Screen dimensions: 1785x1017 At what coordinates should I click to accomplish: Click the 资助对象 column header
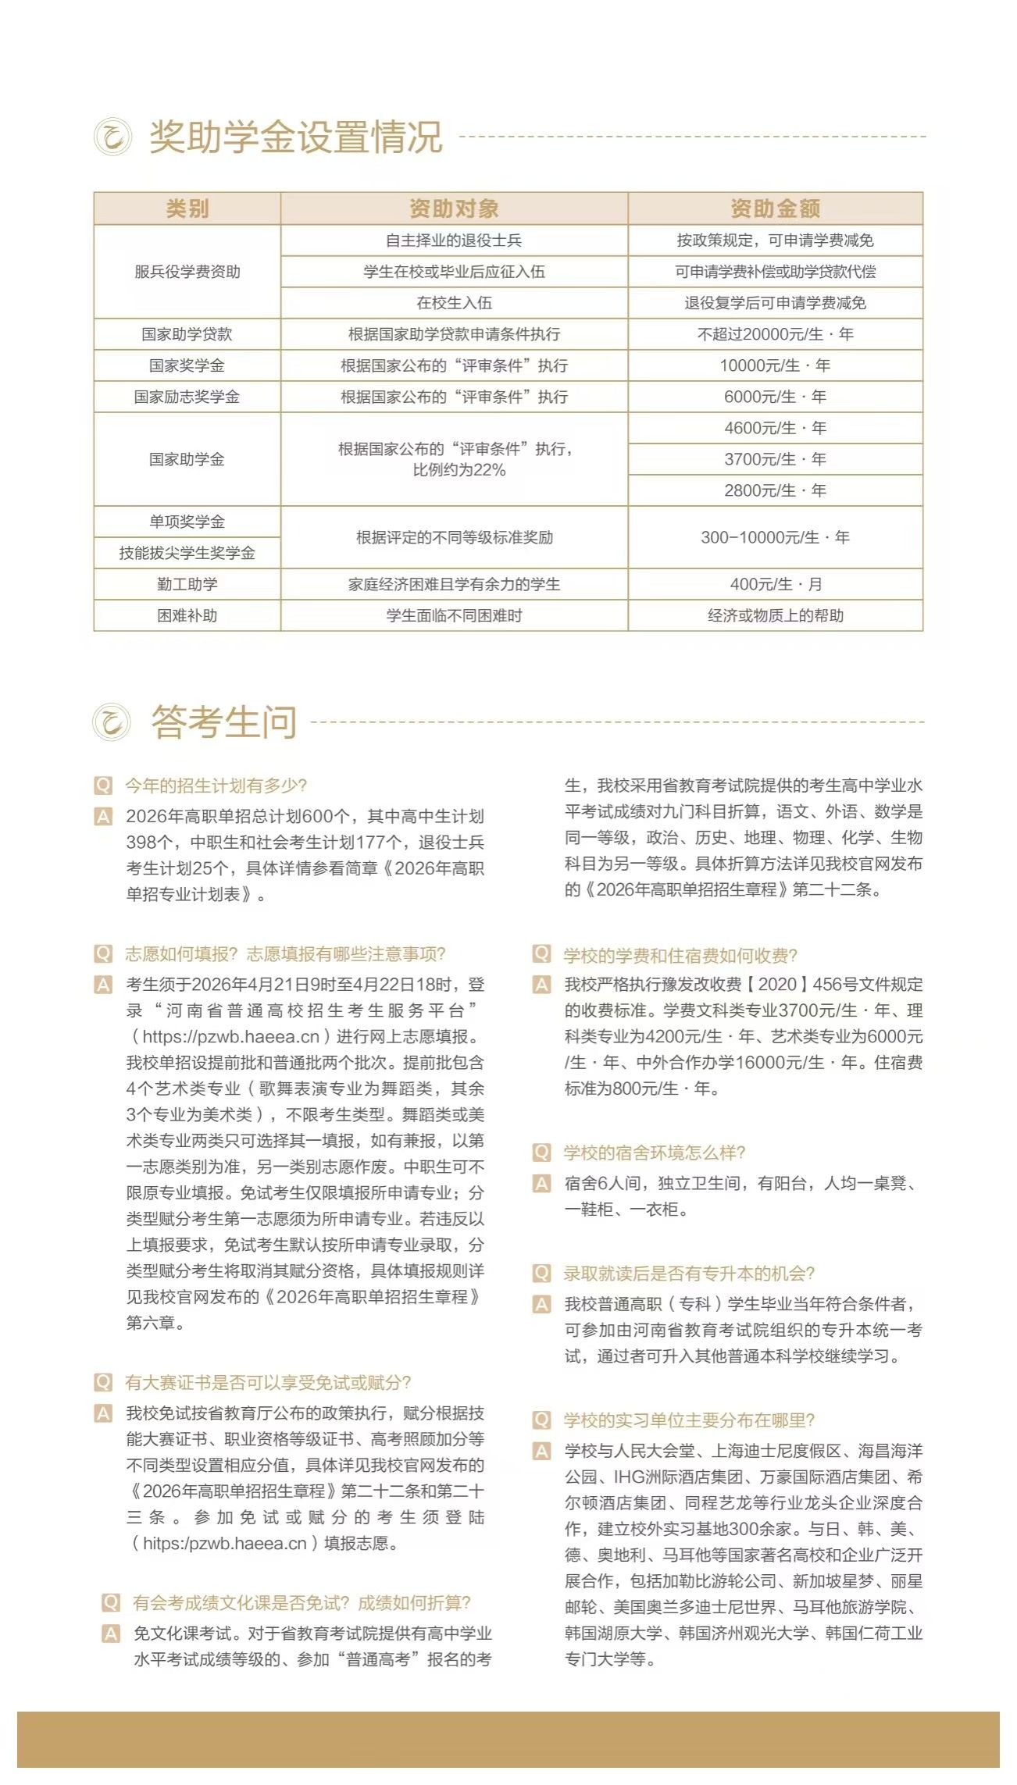pyautogui.click(x=454, y=208)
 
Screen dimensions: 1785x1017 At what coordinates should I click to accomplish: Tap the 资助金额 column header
pyautogui.click(x=775, y=208)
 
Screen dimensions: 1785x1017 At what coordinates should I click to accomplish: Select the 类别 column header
pyautogui.click(x=187, y=208)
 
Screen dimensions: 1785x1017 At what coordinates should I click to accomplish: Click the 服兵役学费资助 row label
pyautogui.click(x=187, y=272)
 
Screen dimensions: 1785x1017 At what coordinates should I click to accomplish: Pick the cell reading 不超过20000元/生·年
pyautogui.click(x=775, y=334)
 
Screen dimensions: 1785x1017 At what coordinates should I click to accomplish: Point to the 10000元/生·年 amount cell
pyautogui.click(x=775, y=365)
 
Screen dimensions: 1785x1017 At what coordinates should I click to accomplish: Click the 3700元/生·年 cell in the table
pyautogui.click(x=775, y=459)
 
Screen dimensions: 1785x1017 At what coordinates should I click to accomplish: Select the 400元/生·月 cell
pyautogui.click(x=775, y=584)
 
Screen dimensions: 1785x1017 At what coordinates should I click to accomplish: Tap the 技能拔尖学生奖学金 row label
pyautogui.click(x=187, y=553)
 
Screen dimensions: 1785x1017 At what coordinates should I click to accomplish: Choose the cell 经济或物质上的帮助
pyautogui.click(x=775, y=615)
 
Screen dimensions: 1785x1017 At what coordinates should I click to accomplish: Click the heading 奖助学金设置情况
pyautogui.click(x=296, y=137)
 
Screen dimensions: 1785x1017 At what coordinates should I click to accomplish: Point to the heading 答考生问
pyautogui.click(x=224, y=721)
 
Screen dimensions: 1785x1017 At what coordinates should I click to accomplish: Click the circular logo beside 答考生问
pyautogui.click(x=112, y=721)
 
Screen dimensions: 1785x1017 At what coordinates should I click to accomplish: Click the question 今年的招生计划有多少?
pyautogui.click(x=216, y=786)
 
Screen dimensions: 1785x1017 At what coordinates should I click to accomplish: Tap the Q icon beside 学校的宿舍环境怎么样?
pyautogui.click(x=541, y=1153)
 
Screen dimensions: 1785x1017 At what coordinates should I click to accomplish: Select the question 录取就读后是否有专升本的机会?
pyautogui.click(x=689, y=1274)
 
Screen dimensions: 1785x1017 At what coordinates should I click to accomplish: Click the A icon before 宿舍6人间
pyautogui.click(x=541, y=1183)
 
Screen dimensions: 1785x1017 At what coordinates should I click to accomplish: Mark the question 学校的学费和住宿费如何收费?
pyautogui.click(x=680, y=956)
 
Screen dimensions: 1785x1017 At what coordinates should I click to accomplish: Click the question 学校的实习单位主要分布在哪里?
pyautogui.click(x=689, y=1420)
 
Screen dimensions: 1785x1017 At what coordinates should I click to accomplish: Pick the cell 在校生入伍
pyautogui.click(x=454, y=303)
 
